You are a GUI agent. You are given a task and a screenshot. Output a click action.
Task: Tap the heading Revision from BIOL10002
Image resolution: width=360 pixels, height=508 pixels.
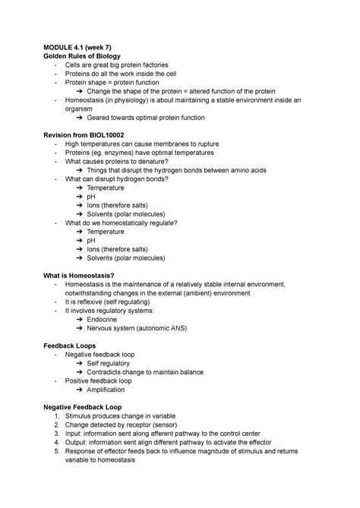(91, 134)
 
